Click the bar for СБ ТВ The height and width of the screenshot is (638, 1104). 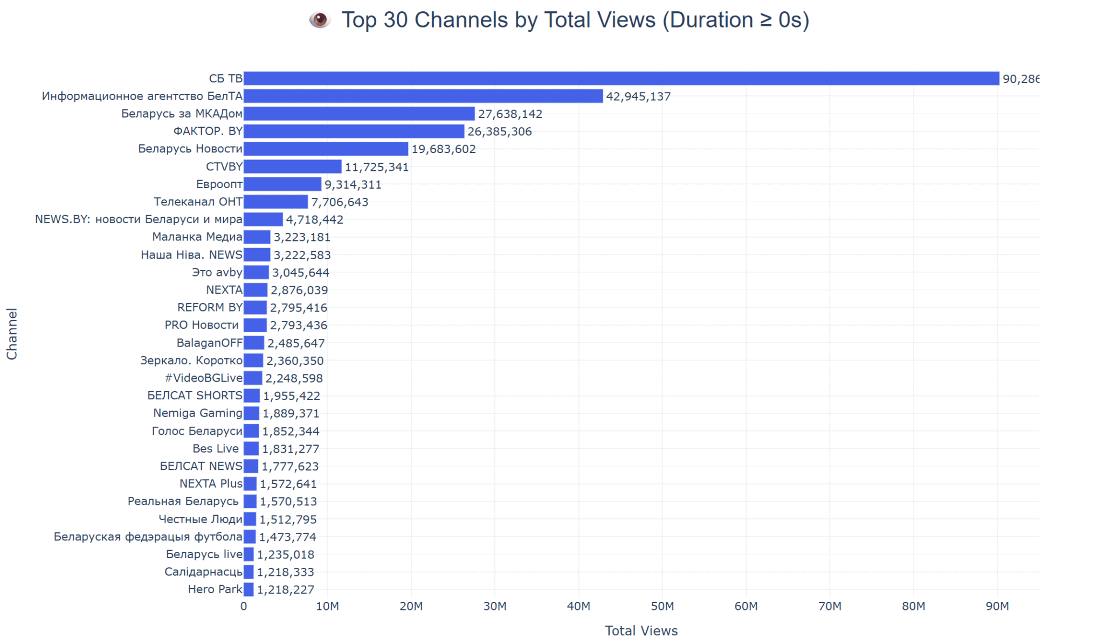pyautogui.click(x=620, y=79)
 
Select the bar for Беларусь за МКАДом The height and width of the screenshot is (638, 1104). pyautogui.click(x=359, y=114)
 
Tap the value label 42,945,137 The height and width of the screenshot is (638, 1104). pyautogui.click(x=638, y=96)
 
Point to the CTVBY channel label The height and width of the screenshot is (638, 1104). pyautogui.click(x=224, y=167)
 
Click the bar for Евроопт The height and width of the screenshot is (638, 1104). pyautogui.click(x=282, y=184)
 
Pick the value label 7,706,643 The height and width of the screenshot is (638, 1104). pyautogui.click(x=340, y=202)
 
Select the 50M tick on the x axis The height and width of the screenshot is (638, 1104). pyautogui.click(x=662, y=606)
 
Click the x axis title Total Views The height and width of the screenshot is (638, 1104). pyautogui.click(x=641, y=630)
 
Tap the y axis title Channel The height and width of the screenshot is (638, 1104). pyautogui.click(x=12, y=334)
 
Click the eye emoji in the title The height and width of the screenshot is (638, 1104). pyautogui.click(x=320, y=20)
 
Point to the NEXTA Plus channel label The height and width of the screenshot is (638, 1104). pyautogui.click(x=211, y=483)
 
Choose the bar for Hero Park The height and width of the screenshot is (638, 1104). pyautogui.click(x=249, y=590)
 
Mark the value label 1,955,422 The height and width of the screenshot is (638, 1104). pyautogui.click(x=292, y=396)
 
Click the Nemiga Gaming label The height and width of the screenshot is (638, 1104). pyautogui.click(x=198, y=413)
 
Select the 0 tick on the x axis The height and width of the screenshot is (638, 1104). pyautogui.click(x=244, y=606)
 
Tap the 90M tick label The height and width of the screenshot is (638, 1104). pyautogui.click(x=997, y=606)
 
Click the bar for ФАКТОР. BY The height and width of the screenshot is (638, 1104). pyautogui.click(x=354, y=131)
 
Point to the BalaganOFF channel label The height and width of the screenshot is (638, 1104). pyautogui.click(x=210, y=343)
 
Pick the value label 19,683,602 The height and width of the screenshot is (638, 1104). pyautogui.click(x=444, y=149)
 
